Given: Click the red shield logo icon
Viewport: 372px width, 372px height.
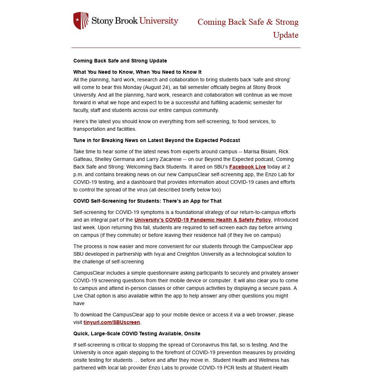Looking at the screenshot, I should click(x=81, y=21).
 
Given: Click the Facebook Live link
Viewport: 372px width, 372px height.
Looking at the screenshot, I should click(x=247, y=167).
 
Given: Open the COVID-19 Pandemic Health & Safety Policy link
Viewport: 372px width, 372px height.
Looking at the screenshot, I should click(x=202, y=220).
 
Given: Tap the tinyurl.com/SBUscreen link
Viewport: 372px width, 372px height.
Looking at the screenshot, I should click(x=112, y=322).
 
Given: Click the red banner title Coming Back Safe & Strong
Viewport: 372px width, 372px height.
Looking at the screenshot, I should click(x=248, y=22).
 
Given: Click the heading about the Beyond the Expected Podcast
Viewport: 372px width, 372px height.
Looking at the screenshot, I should click(x=157, y=140).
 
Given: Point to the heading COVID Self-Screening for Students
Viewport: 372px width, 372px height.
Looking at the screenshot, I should click(x=147, y=201).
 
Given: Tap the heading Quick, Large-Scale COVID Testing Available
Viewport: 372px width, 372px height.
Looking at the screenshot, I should click(x=137, y=333).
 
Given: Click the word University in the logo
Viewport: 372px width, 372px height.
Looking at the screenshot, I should click(x=159, y=21).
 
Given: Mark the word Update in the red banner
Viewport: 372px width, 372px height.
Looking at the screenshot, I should click(x=286, y=35).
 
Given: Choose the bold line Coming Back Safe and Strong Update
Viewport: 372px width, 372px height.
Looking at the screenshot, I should click(x=120, y=61).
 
